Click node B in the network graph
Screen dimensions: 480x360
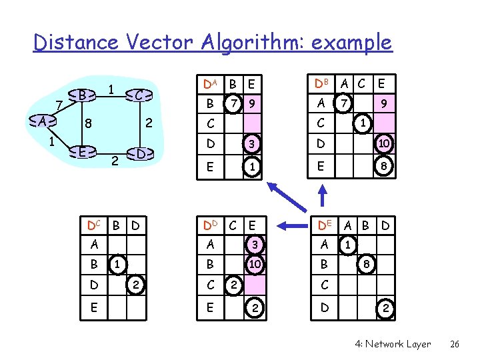(81, 95)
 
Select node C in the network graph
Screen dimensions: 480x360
(137, 96)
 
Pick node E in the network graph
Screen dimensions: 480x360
(81, 151)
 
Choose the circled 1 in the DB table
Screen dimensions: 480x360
(362, 124)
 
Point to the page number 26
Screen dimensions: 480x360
(455, 344)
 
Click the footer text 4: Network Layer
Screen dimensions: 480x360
(393, 344)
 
